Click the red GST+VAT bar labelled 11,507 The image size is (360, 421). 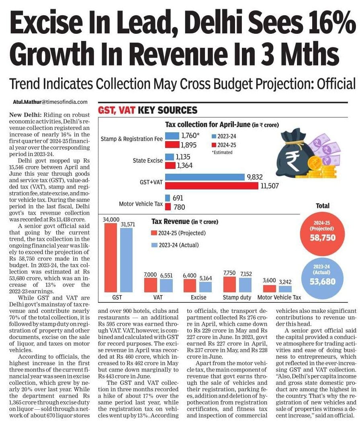coord(212,186)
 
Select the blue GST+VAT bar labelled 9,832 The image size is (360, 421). coord(205,177)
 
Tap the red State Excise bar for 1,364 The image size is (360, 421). coord(170,165)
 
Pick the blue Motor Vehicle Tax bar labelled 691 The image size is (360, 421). coord(168,198)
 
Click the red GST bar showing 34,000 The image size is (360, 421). coord(110,258)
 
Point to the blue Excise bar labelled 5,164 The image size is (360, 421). coord(205,287)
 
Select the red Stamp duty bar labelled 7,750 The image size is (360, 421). coord(230,284)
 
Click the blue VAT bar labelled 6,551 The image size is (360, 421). coord(166,285)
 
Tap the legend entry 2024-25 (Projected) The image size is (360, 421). coord(179,233)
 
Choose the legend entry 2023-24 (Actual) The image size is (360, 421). coord(175,245)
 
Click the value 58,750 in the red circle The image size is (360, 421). coord(323,238)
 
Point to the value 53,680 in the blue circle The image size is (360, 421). coord(323,281)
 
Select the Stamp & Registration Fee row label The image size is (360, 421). coord(132,139)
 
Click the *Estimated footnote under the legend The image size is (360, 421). coord(222,152)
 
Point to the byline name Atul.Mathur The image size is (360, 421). coord(27,102)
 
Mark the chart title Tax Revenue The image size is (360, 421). coord(170,222)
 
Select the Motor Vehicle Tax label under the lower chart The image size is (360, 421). coord(279,297)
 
